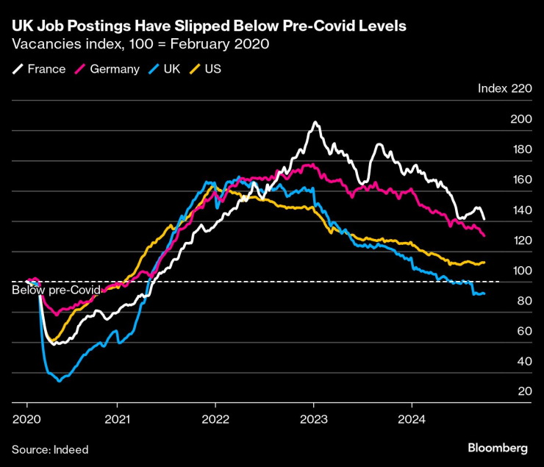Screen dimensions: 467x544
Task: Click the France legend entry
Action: click(x=41, y=69)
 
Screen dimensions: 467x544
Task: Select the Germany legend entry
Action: click(x=108, y=69)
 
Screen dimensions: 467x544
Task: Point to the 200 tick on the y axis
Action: click(x=520, y=119)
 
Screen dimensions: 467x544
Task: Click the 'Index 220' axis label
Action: click(x=504, y=88)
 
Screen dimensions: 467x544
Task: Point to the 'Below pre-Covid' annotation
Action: click(x=56, y=290)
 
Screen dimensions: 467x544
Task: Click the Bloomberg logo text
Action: click(x=498, y=448)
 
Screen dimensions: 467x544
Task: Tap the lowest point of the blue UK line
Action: click(x=59, y=381)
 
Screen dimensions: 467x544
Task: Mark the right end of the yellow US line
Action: click(x=484, y=263)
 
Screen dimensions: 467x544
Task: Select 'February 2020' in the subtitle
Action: click(x=224, y=44)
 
